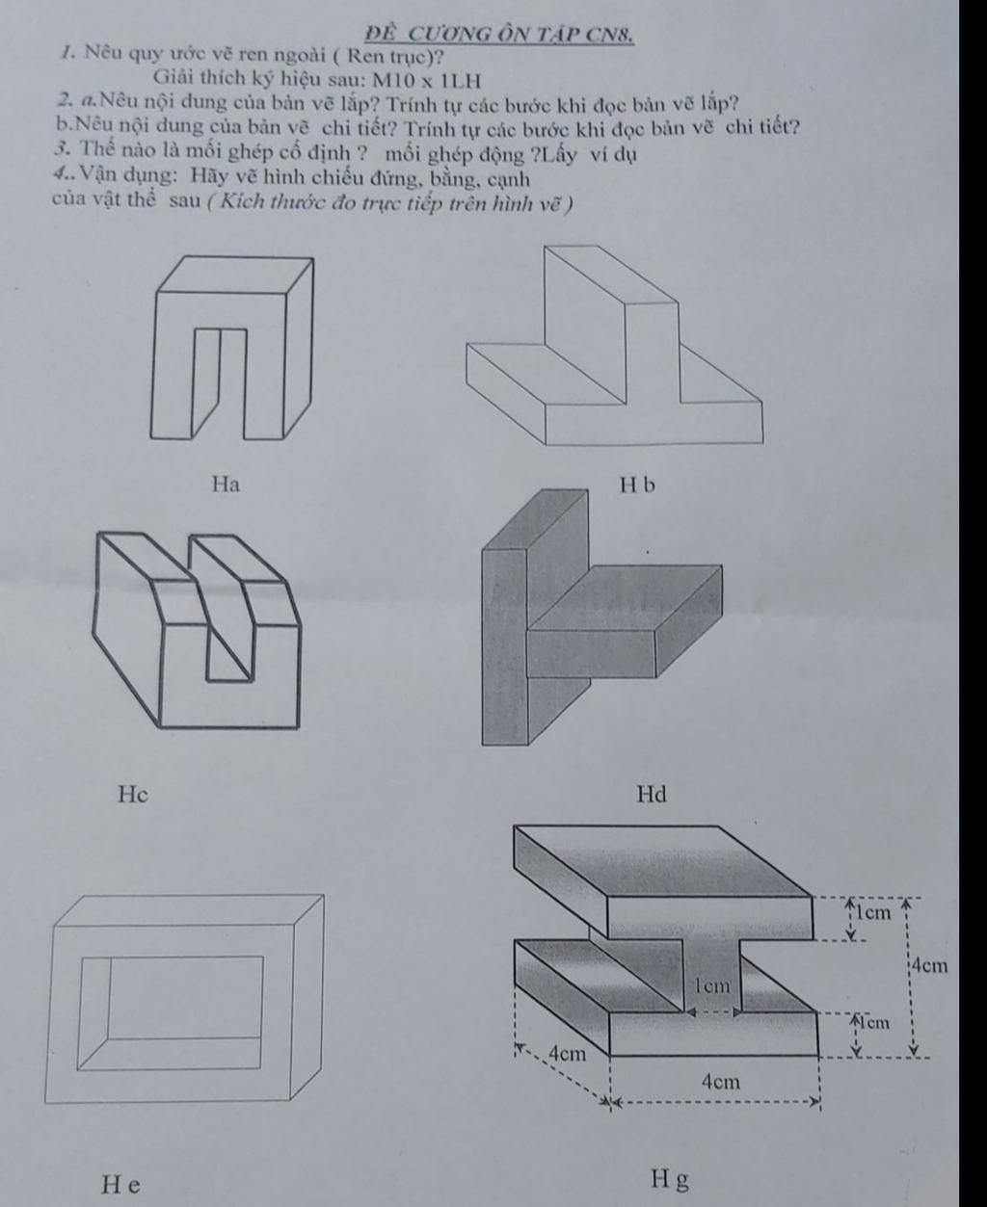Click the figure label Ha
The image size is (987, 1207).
pos(226,485)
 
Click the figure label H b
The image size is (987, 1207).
pos(637,485)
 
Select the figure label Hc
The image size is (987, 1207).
pos(133,795)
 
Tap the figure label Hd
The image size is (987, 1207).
pos(652,795)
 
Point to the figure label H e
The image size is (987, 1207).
pos(120,1184)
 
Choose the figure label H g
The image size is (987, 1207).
pos(670,1180)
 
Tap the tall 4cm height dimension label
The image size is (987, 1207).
pos(931,964)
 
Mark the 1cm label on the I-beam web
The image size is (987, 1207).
pos(713,986)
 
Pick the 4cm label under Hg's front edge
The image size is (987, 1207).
pos(720,1081)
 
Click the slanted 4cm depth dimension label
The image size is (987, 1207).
pos(566,1053)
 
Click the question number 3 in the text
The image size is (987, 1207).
pos(61,152)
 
